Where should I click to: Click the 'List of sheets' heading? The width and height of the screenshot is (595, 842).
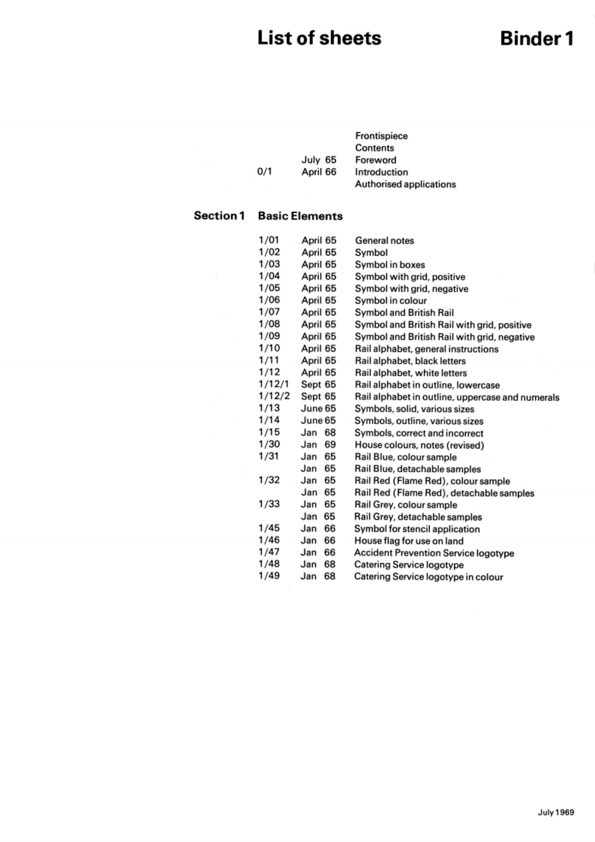(319, 38)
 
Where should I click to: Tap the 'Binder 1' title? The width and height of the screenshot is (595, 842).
(536, 38)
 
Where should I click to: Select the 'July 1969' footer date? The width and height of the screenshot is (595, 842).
(556, 812)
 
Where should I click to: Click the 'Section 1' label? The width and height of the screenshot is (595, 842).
(219, 216)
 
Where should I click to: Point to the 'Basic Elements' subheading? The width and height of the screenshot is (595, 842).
(300, 216)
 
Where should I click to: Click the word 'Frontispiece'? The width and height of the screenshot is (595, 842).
(381, 136)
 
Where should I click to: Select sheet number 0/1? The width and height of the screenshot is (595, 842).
(265, 172)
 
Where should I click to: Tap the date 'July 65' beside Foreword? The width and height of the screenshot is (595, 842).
(319, 160)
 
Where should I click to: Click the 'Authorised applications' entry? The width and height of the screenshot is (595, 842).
(405, 184)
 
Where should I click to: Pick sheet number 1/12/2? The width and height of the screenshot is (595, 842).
(274, 396)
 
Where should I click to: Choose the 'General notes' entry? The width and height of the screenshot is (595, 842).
(384, 241)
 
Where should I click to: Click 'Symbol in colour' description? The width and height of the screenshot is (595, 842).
(391, 301)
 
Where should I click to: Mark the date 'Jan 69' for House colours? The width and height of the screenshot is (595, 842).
(318, 444)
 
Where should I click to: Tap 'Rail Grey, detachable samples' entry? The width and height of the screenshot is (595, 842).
(418, 517)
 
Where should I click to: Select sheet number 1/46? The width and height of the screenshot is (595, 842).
(269, 540)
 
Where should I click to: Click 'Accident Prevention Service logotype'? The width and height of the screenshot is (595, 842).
(434, 553)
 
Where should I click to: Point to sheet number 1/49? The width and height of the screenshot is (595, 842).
(269, 576)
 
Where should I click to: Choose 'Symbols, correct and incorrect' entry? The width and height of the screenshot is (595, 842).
(419, 433)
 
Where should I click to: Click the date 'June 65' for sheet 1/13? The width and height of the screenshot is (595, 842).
(318, 408)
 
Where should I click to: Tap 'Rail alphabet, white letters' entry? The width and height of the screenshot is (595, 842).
(411, 373)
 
